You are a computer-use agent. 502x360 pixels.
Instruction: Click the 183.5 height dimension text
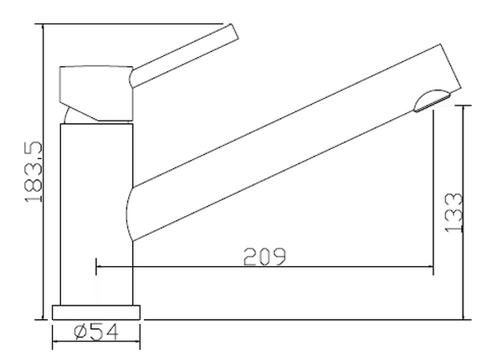[33, 172]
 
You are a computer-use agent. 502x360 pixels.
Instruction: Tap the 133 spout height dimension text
[454, 213]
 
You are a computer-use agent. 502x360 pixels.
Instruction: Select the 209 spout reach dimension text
[264, 256]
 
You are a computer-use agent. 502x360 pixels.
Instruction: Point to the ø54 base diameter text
[96, 332]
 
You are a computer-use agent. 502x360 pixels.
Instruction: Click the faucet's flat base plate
[96, 312]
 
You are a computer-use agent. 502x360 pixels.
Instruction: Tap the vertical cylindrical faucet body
[97, 214]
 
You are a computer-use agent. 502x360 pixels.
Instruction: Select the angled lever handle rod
[184, 56]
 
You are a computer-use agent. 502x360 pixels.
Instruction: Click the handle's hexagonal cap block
[96, 93]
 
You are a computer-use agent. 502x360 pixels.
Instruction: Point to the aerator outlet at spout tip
[432, 100]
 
